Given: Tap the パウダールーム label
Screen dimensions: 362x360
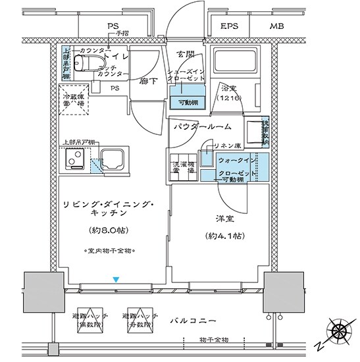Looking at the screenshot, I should (203, 126).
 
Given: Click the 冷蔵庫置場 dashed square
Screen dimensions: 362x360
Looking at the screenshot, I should (74, 100).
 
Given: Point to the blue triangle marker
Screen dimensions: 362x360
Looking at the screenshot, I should (115, 280).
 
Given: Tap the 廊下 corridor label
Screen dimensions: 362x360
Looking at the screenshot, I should (146, 82).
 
